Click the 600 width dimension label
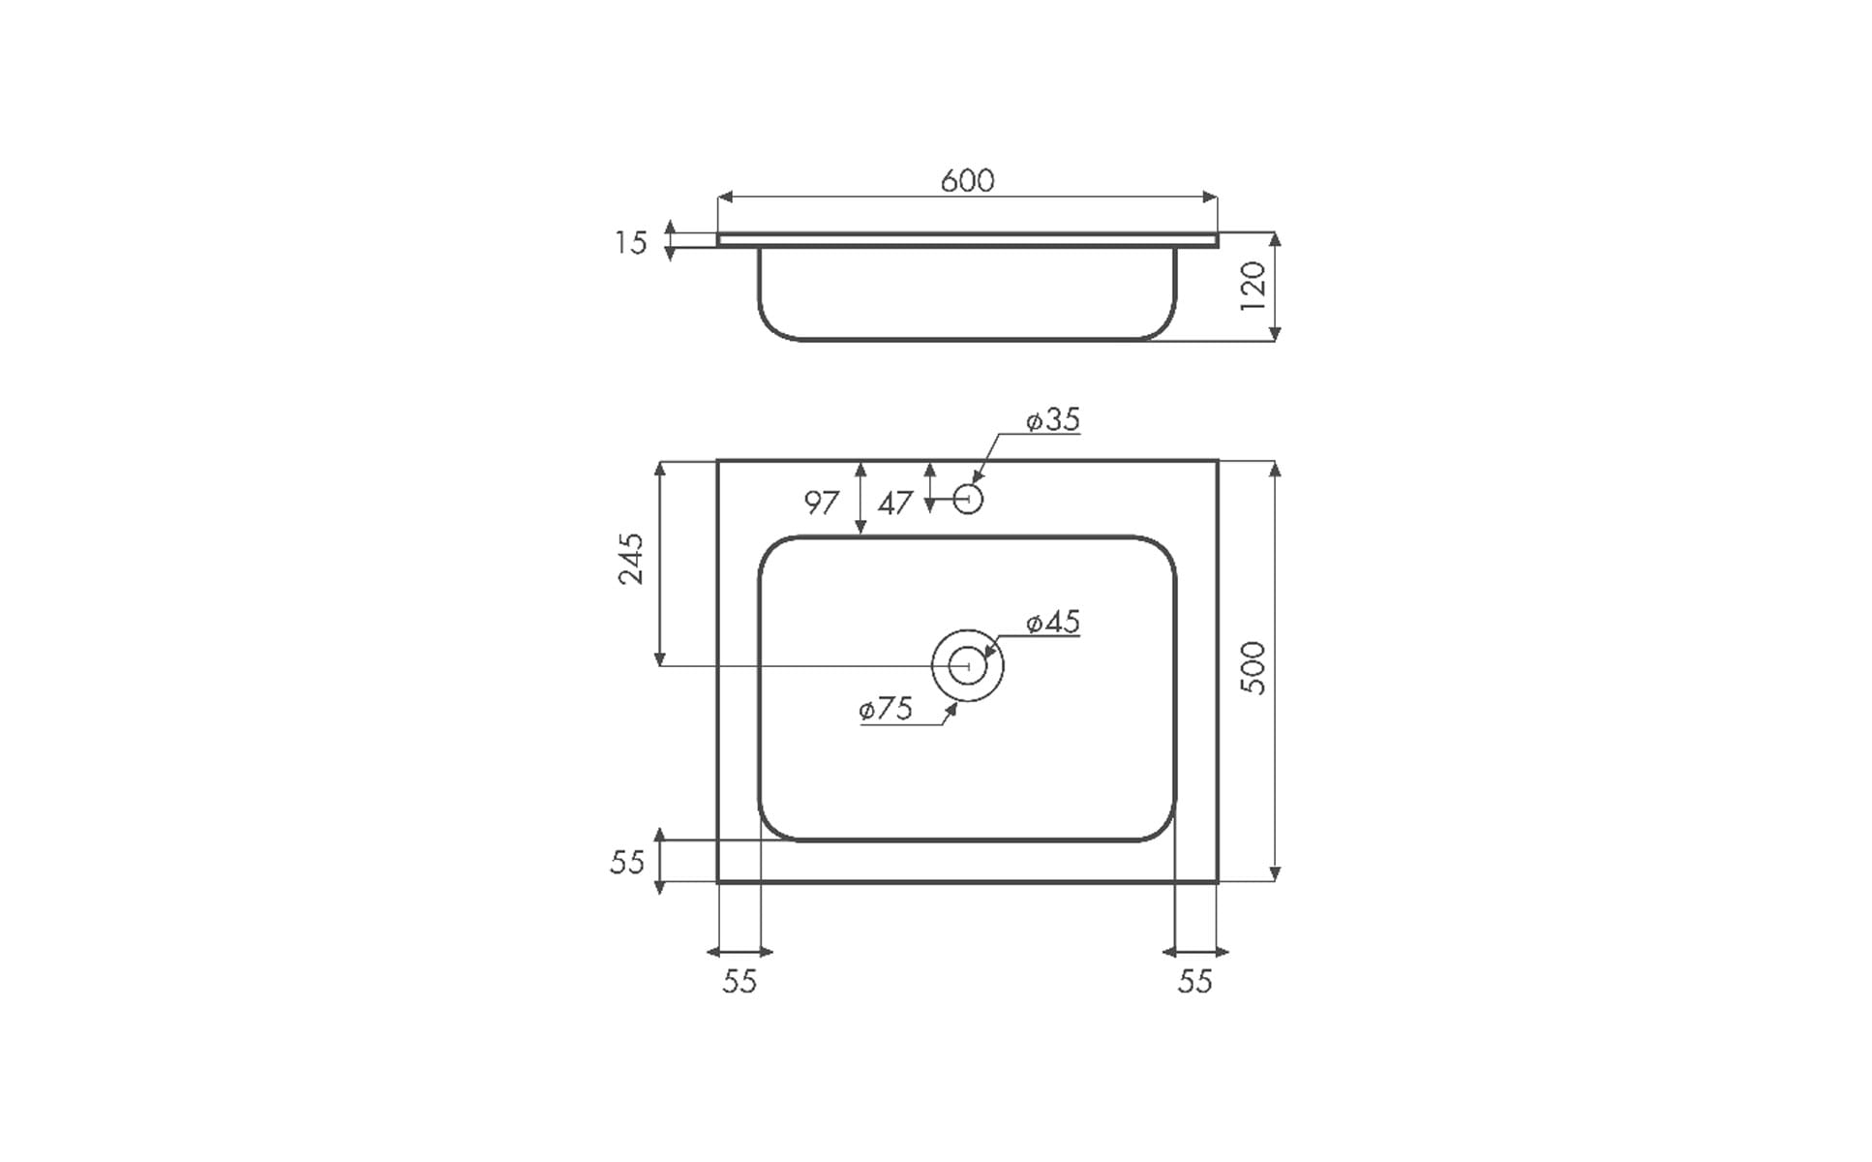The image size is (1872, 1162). pos(967,180)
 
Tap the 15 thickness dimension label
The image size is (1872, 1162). pos(630,242)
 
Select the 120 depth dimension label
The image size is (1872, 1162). pos(1253,285)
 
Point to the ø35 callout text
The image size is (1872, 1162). pos(1052,419)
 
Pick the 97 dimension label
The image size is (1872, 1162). pos(822,503)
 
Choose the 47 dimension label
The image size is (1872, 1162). pos(895,503)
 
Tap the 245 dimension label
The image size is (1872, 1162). pos(630,558)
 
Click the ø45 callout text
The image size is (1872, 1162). pos(1052,622)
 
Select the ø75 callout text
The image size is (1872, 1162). pos(886,709)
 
